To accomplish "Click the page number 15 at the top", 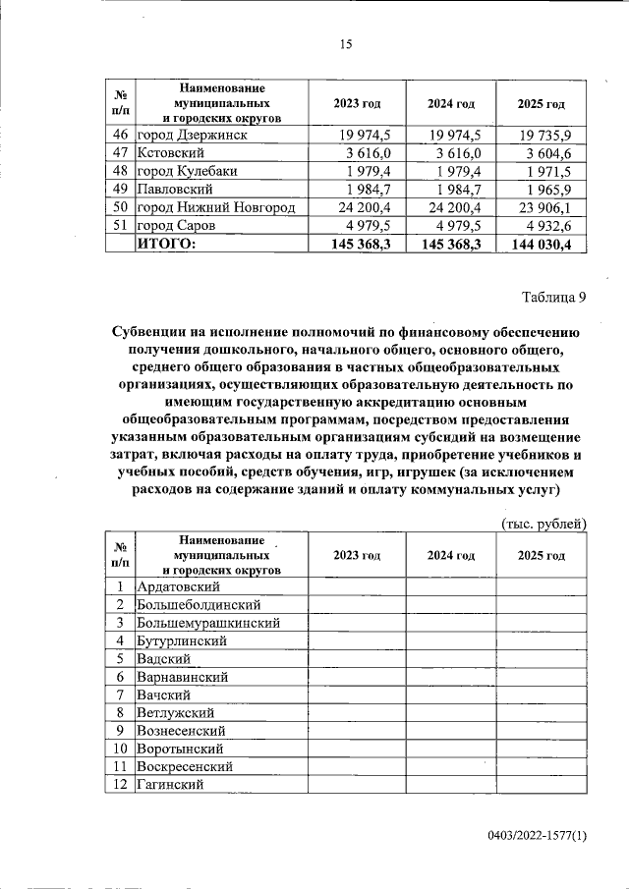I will [344, 44].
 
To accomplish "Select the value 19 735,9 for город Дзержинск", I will [554, 135].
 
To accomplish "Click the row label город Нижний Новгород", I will [215, 207].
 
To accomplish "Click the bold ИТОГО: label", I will [166, 244].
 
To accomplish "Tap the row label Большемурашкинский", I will [208, 623].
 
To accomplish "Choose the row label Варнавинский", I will [183, 677].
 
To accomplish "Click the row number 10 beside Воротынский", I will [120, 749].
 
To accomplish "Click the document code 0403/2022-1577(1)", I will [537, 836].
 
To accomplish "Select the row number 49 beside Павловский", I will [120, 189].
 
